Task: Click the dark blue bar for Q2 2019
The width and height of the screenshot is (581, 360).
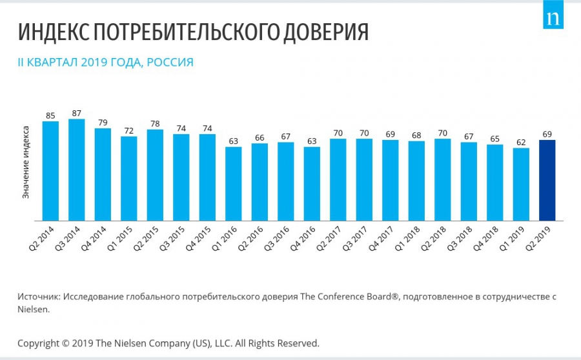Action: (547, 180)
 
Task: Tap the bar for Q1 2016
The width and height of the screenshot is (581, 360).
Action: (233, 184)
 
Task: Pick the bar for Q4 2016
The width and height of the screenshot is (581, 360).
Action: (312, 184)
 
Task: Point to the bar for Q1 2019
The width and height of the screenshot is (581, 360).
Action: (521, 185)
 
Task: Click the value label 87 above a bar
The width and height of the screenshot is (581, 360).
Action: (77, 113)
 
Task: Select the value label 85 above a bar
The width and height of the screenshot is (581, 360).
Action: (50, 115)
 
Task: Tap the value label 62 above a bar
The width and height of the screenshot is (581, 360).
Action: (521, 142)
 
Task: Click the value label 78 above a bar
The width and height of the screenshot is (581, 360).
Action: (155, 123)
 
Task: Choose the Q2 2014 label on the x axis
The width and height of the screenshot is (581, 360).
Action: (44, 239)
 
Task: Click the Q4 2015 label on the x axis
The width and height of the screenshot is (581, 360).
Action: (201, 239)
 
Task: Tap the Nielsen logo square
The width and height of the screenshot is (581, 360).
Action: (553, 19)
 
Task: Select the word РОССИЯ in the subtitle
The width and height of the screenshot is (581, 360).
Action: (170, 63)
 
